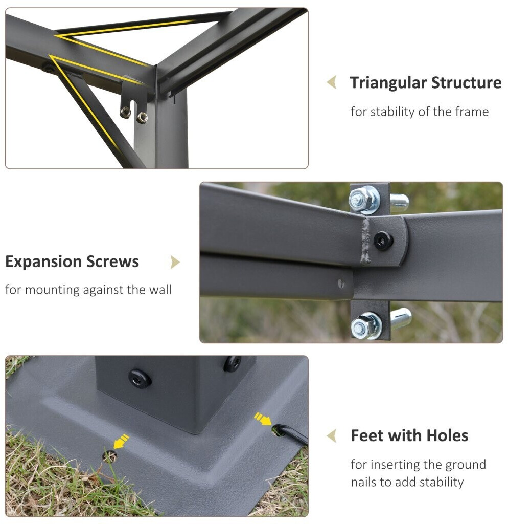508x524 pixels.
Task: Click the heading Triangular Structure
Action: tap(426, 82)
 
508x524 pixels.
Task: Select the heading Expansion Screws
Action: tap(72, 261)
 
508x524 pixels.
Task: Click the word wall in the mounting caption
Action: tap(160, 290)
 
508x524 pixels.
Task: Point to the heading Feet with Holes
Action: tap(409, 435)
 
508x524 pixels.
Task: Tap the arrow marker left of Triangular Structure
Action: tap(332, 82)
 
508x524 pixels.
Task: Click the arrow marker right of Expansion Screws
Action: tap(175, 262)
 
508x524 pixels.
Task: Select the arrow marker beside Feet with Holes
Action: tap(332, 436)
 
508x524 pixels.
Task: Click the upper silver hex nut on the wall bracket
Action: tap(363, 200)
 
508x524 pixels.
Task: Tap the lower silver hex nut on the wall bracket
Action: tap(365, 326)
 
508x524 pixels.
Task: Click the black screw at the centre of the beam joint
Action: tap(383, 241)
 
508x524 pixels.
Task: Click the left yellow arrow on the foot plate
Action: tap(121, 442)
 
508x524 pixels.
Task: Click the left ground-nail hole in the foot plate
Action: tap(109, 456)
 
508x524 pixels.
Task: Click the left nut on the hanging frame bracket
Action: tap(126, 112)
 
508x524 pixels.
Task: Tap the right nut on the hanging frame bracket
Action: tap(142, 117)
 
